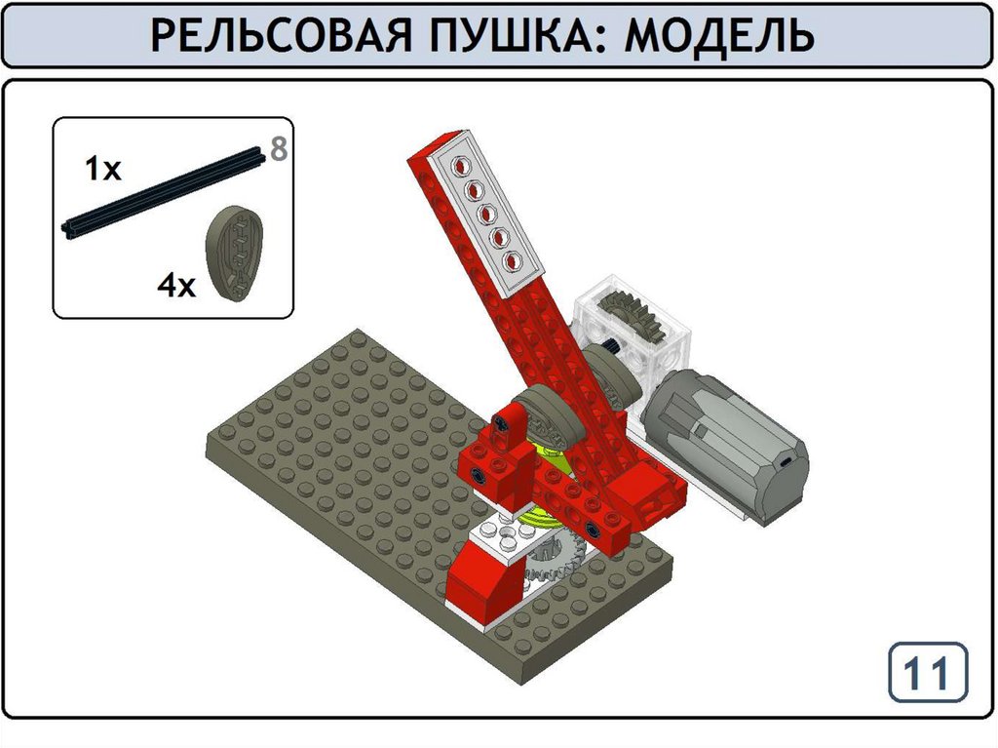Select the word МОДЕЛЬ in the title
coord(719,35)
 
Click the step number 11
coord(927,673)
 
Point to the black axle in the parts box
coord(164,193)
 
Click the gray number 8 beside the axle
coord(279,149)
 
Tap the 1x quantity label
coord(103,170)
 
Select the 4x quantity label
coord(176,286)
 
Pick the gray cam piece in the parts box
coord(234,253)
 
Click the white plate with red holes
coord(484,214)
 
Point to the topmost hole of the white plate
coord(459,168)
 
